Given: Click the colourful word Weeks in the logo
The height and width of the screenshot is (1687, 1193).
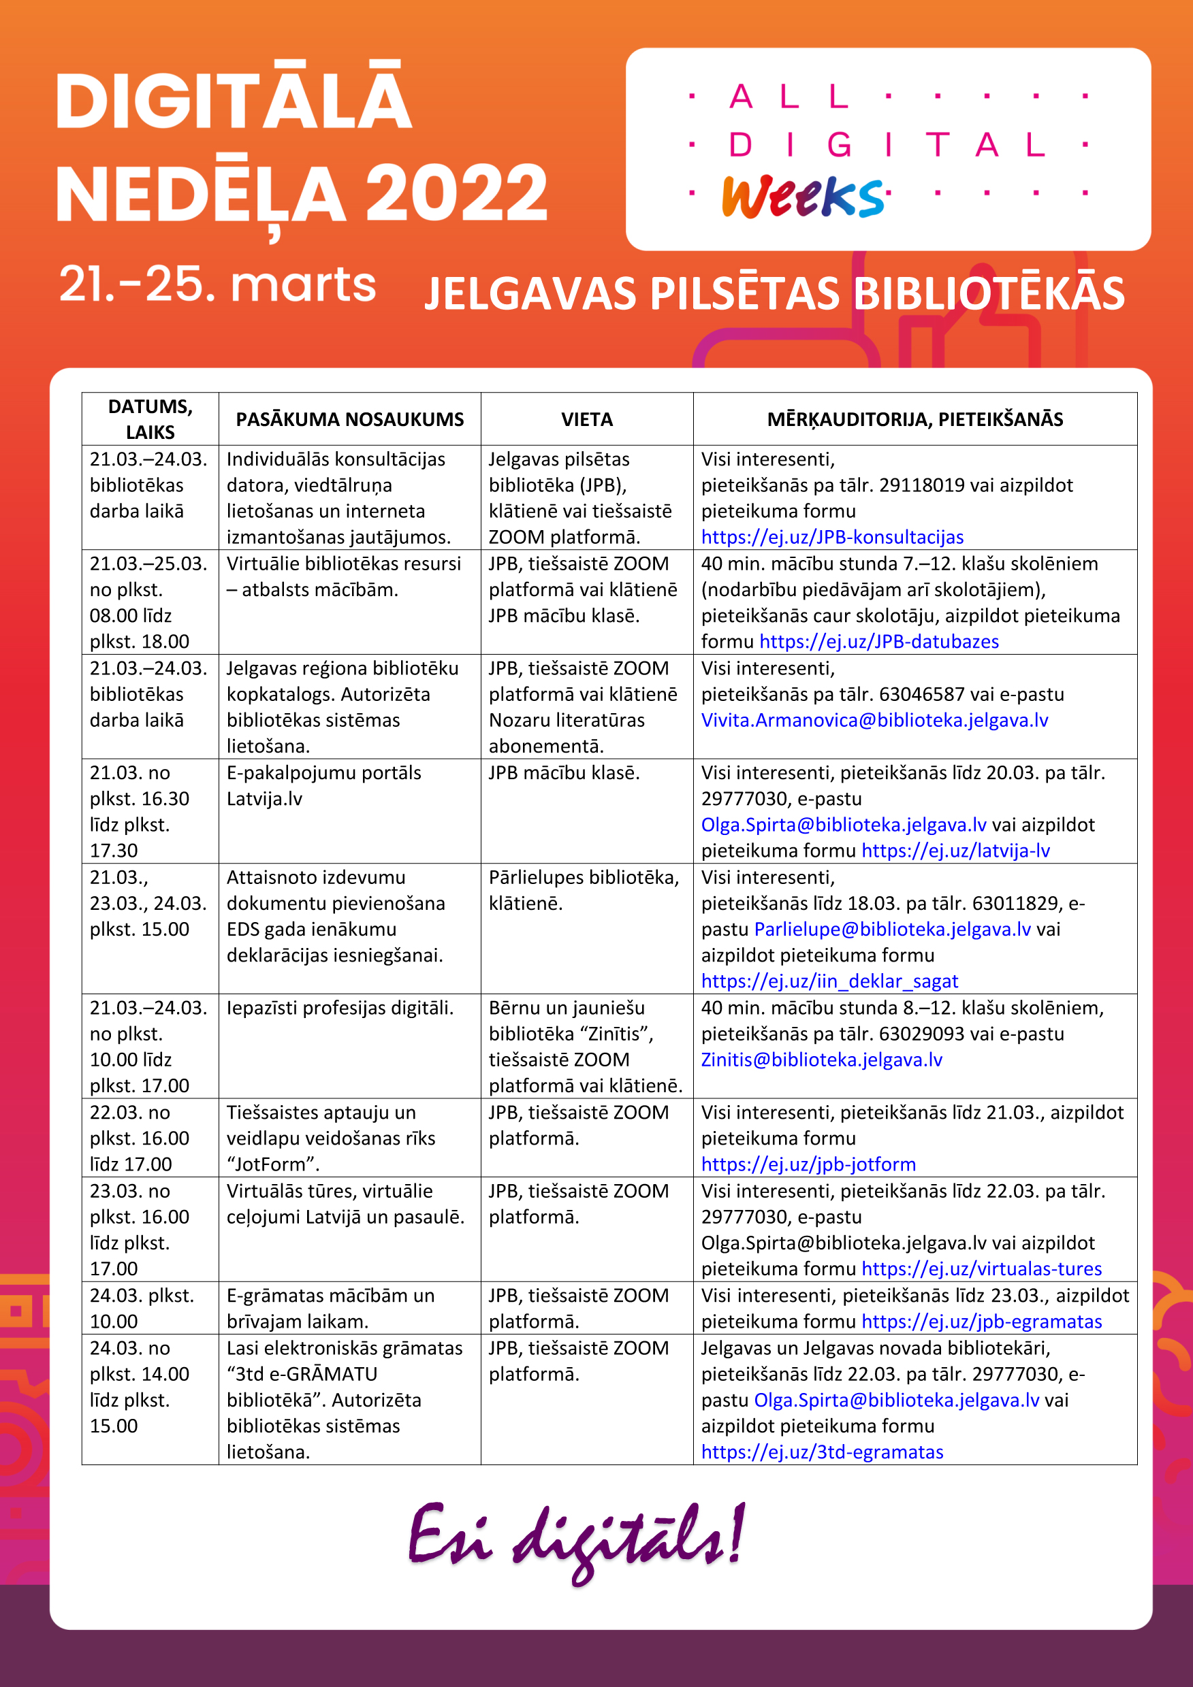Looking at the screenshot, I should coord(803,197).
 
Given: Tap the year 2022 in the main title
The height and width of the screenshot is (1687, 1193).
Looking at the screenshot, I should coord(456,193).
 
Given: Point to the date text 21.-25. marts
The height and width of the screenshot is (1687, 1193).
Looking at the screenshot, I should coord(218,284).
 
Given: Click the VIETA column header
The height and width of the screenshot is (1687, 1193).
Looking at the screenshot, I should coord(586,420).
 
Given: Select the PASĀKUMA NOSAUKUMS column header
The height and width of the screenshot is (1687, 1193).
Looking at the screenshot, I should coord(349,420).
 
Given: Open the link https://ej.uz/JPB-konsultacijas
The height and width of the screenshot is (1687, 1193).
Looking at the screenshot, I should coord(832,537).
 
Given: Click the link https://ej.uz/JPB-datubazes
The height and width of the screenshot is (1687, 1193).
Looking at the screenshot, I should coord(878,642).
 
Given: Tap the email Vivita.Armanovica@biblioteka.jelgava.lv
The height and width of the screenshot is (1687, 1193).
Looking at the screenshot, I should coord(874,720).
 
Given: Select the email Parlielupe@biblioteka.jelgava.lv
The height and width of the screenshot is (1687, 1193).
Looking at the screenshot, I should coord(892,930).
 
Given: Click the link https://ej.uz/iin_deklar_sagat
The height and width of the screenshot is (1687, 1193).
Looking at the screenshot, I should coord(829,981).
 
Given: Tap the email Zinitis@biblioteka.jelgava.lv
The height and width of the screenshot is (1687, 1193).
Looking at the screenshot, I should coord(821,1060).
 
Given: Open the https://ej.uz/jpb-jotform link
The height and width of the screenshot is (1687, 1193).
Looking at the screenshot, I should coord(808,1164).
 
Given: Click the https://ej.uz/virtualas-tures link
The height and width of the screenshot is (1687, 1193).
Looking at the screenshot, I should coord(981,1269).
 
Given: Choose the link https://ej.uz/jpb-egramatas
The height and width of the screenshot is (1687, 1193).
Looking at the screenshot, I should coord(981,1322).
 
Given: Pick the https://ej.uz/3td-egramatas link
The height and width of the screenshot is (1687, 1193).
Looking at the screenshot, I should coord(822,1452).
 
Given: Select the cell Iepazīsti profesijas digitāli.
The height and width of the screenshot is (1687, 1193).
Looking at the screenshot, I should coord(340,1008).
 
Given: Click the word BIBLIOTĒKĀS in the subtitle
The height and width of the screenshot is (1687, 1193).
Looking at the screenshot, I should coord(988,294).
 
